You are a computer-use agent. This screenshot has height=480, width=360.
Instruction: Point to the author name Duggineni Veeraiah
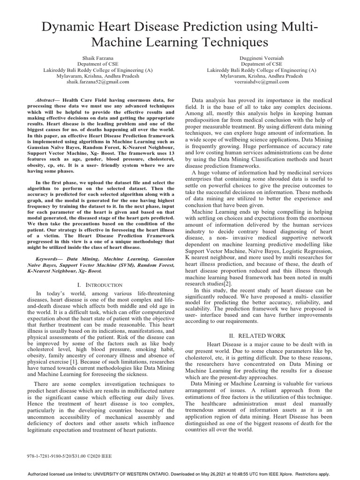pyautogui.click(x=262, y=57)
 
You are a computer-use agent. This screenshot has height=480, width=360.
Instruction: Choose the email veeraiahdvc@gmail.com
pyautogui.click(x=262, y=82)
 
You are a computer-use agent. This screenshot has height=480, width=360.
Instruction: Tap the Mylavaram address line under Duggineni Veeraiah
pyautogui.click(x=262, y=75)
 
